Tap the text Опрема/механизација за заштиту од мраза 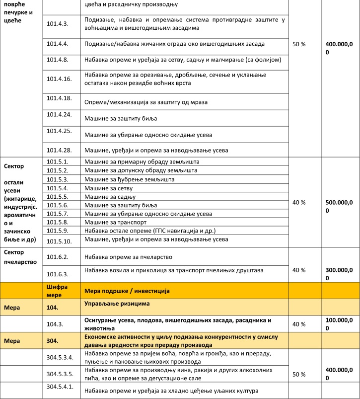pos(146,102)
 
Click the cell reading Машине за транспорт pos(115,222)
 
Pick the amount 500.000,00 pos(340,206)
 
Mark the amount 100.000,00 pos(340,324)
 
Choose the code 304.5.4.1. pos(61,387)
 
